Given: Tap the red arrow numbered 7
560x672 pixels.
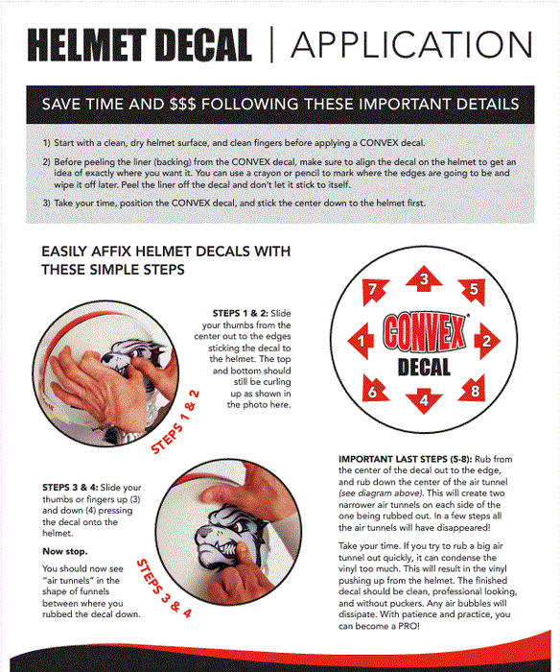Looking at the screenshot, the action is coord(374,291).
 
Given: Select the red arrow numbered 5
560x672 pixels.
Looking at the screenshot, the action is coord(472,291).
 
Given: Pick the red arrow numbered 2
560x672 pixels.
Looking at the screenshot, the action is coord(487,341).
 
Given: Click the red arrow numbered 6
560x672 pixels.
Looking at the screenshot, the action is coord(374,389).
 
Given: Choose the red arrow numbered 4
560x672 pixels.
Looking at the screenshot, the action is coord(424,401).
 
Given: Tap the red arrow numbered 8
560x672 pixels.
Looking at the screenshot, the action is coord(473,389).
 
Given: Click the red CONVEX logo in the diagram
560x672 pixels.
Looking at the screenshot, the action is coord(424,332).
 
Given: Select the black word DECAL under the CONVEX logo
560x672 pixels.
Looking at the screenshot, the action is coord(424,368).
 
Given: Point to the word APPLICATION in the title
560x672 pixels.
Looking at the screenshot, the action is coord(412,44).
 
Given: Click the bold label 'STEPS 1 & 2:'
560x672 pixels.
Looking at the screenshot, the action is coord(240,313).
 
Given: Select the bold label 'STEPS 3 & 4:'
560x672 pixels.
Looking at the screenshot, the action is coord(70,488).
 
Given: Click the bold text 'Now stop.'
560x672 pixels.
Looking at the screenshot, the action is coord(64,551).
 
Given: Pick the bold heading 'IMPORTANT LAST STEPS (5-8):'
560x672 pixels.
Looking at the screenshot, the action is coord(405,459).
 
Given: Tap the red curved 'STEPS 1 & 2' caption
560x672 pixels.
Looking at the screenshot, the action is coord(175,421).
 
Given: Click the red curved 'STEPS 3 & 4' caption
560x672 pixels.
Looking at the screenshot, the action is coord(164,588).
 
